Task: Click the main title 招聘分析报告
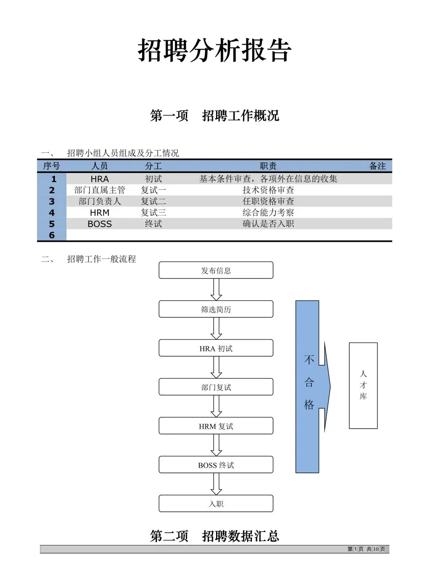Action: pos(214,50)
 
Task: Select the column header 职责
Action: pos(268,166)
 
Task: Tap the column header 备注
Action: pos(377,166)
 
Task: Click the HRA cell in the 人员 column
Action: pos(100,179)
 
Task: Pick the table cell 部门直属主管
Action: pos(100,190)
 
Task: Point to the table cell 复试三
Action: pos(153,213)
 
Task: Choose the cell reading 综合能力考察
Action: pos(268,213)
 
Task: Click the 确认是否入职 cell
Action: pos(268,224)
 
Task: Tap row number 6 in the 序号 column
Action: pos(52,235)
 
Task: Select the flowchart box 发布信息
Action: pos(216,270)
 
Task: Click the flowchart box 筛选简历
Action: pos(216,309)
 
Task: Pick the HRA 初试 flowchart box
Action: pos(216,348)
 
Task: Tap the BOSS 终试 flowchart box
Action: pos(216,465)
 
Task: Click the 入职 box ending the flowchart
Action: pos(216,504)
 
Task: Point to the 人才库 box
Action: pos(363,385)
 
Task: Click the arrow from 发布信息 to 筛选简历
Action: pos(216,289)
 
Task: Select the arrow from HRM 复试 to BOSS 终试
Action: pos(216,445)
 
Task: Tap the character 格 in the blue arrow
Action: pos(309,405)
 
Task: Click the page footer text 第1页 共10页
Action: pos(366,549)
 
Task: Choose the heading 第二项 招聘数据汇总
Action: pos(214,536)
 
